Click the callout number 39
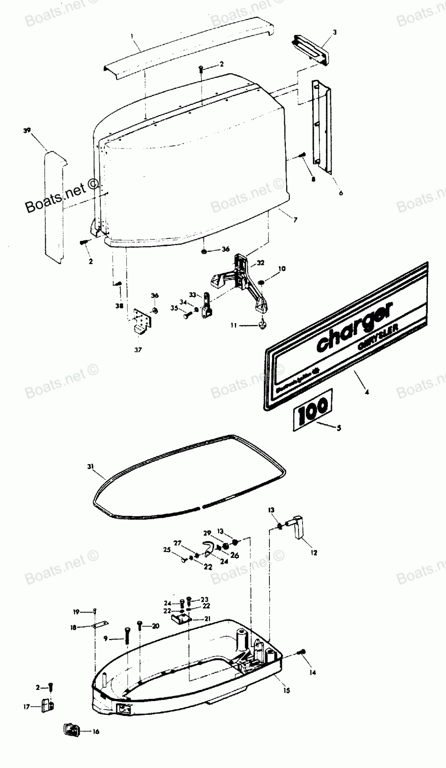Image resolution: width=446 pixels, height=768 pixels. coord(28,130)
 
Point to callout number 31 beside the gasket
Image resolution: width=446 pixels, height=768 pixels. coord(91,466)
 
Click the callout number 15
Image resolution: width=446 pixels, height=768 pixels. coord(286,690)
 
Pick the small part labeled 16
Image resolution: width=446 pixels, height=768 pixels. coord(71,731)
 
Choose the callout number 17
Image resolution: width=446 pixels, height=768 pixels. coord(26,707)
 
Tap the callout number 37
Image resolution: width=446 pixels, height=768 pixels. coord(138,350)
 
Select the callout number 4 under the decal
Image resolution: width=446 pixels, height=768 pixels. coord(367,393)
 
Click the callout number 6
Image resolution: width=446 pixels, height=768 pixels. coord(341,193)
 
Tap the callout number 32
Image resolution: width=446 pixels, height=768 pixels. coord(260,263)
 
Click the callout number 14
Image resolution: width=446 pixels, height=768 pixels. coord(313,673)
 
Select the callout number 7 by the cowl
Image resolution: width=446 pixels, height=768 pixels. coord(295,220)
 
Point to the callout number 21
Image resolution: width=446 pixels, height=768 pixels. coord(207,619)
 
